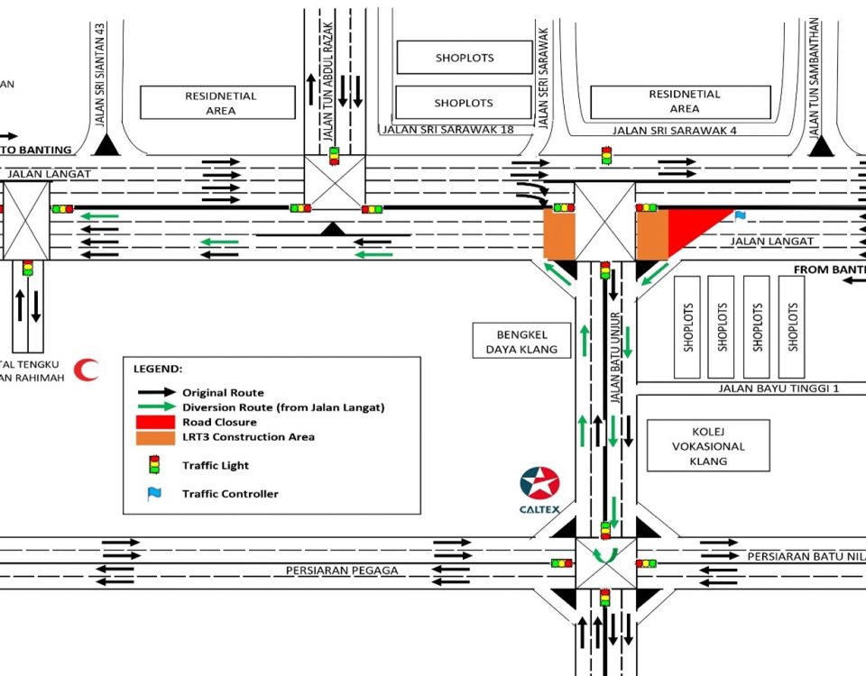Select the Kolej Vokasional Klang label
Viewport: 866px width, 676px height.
click(x=708, y=445)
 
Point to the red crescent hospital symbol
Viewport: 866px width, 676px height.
click(x=87, y=370)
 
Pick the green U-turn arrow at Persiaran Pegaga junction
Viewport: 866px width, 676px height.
click(x=605, y=553)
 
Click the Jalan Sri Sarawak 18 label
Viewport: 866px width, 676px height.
click(x=448, y=130)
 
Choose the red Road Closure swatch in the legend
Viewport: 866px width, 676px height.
click(x=153, y=422)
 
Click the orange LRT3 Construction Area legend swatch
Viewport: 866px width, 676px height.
click(x=153, y=437)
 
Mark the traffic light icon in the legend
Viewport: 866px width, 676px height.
click(x=153, y=465)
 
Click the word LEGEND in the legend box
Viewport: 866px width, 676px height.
click(x=158, y=370)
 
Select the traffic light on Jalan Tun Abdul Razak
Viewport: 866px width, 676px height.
click(x=334, y=154)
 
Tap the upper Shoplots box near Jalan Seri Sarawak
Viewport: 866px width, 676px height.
click(x=465, y=58)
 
